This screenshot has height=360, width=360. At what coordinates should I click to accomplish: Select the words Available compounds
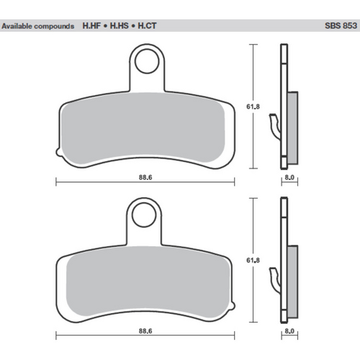(x=37, y=26)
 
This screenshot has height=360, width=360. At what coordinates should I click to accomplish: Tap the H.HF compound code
(x=91, y=26)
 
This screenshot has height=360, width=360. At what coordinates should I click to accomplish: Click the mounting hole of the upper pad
(x=148, y=60)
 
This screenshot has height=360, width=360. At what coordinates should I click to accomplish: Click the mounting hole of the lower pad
(x=148, y=214)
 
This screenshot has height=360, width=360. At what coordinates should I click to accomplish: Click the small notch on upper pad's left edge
(x=56, y=152)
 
